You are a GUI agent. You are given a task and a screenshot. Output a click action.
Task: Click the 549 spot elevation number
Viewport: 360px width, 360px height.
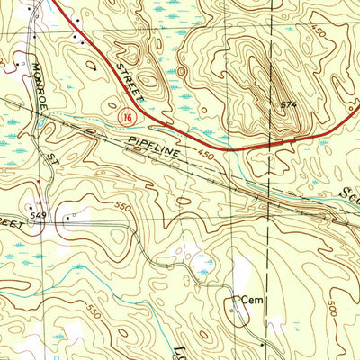click(40, 216)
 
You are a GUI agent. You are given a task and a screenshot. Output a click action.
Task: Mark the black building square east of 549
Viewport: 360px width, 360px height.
click(67, 216)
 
